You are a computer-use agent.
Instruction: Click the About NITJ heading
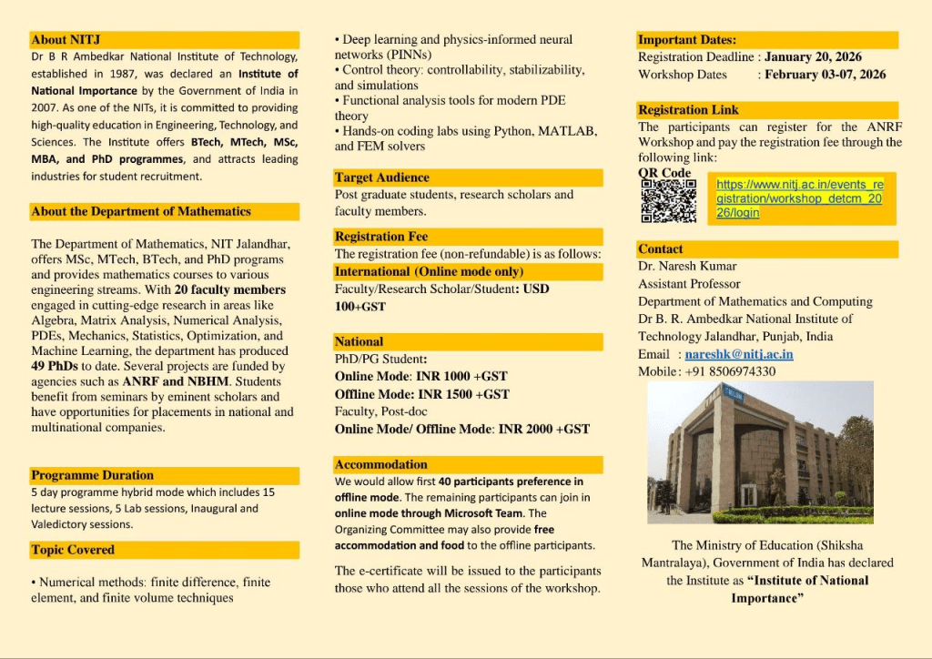[x=66, y=40]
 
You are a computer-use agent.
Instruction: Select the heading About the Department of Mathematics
[x=141, y=211]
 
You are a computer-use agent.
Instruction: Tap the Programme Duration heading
[x=92, y=475]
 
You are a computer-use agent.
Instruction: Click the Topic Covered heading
[x=73, y=550]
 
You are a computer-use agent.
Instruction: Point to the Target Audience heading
[x=382, y=177]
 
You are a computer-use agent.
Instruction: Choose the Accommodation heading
[x=381, y=464]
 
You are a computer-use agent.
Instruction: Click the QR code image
[x=669, y=200]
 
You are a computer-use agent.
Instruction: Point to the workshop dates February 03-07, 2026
[x=825, y=75]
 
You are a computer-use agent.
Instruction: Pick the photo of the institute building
[x=760, y=451]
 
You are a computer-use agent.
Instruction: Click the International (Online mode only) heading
[x=429, y=271]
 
